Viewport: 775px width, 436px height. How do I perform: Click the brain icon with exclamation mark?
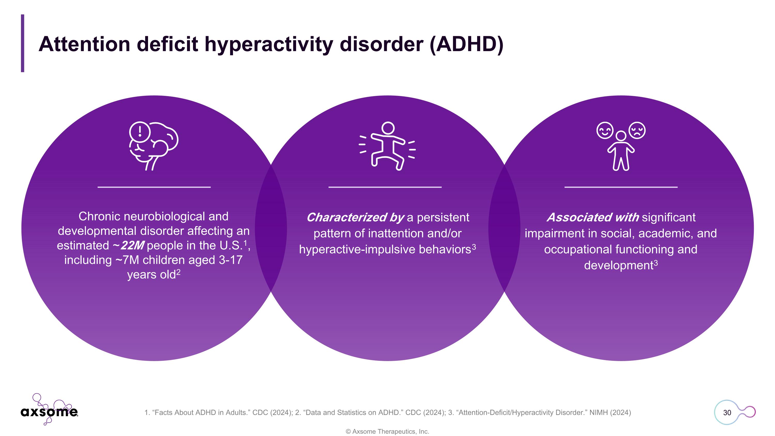tap(153, 146)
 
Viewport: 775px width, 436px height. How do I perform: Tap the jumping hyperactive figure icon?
tap(387, 146)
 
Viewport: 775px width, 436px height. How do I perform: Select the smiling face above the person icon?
tap(605, 130)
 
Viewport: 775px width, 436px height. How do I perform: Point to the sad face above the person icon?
tap(637, 130)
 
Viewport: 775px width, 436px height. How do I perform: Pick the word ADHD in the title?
tap(467, 44)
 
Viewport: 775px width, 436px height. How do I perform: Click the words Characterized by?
tap(355, 218)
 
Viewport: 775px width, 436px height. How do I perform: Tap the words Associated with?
tap(593, 217)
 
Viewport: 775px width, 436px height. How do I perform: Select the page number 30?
tap(727, 412)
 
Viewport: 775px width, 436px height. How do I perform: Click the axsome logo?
tap(49, 409)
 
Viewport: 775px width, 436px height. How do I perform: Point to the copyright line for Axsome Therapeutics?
tap(388, 432)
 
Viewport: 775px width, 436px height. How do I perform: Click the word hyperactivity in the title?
tap(269, 44)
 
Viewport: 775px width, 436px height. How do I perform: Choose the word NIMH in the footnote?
tap(598, 412)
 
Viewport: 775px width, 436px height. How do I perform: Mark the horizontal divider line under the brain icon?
tap(154, 187)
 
